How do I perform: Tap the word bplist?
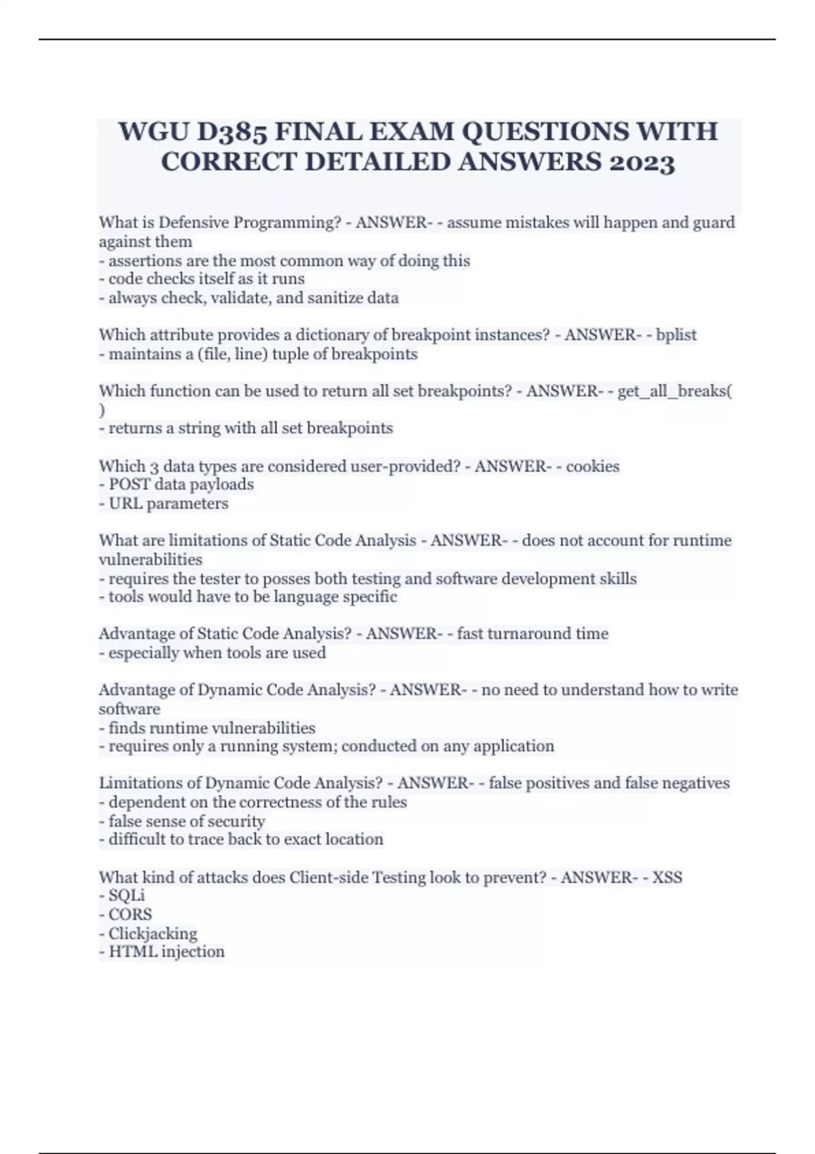[x=676, y=335]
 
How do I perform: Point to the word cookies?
[x=592, y=466]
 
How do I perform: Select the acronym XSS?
[x=667, y=877]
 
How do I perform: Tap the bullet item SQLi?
[x=127, y=895]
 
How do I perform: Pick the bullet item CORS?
[x=130, y=914]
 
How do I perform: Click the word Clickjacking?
[x=153, y=933]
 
